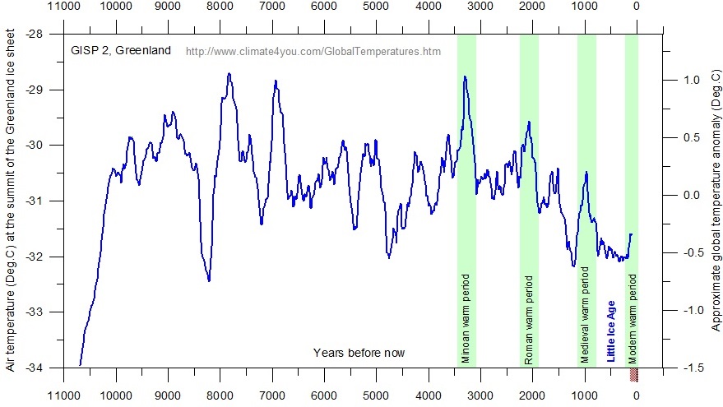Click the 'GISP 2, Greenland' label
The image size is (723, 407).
pos(120,50)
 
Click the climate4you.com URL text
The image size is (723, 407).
pos(313,51)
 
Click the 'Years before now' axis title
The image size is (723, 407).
pos(359,353)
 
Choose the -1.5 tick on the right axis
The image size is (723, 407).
pos(691,368)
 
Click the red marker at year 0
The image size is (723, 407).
pos(634,374)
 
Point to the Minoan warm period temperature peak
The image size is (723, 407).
pos(465,76)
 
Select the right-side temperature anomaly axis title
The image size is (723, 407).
pos(716,197)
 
